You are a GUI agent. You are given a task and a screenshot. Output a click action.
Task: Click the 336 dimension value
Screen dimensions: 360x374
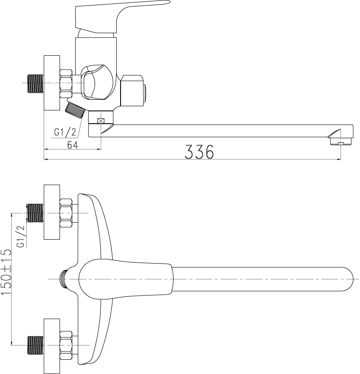[x=199, y=152]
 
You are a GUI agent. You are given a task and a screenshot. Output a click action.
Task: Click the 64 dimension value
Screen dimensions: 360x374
[x=73, y=145]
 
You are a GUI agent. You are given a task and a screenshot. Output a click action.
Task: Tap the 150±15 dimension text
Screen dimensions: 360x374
[x=6, y=272]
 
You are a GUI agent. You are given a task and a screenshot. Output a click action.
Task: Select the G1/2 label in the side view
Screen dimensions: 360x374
[x=65, y=132]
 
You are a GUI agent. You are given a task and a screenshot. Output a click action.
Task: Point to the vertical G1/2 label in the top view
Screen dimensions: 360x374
[x=21, y=236]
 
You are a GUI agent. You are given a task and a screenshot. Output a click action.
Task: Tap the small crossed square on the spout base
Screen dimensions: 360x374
[x=101, y=121]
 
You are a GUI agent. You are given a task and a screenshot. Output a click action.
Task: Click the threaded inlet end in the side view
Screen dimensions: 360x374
[x=36, y=83]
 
